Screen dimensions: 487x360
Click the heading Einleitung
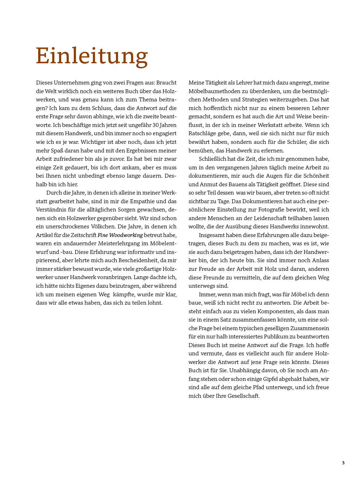pyautogui.click(x=92, y=56)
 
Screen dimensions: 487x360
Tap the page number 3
pyautogui.click(x=343, y=463)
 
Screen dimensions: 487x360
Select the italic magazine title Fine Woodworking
pyautogui.click(x=120, y=235)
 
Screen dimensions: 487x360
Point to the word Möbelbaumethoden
pyautogui.click(x=215, y=91)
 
